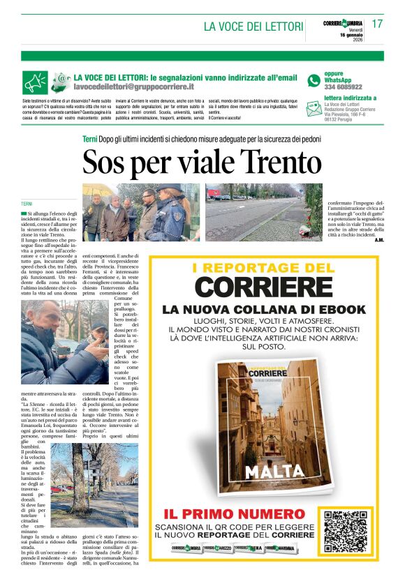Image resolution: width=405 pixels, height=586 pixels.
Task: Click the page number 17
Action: (377, 24)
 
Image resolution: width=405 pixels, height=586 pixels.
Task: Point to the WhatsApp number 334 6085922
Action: (343, 87)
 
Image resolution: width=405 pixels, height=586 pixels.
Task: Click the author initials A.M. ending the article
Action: (378, 241)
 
